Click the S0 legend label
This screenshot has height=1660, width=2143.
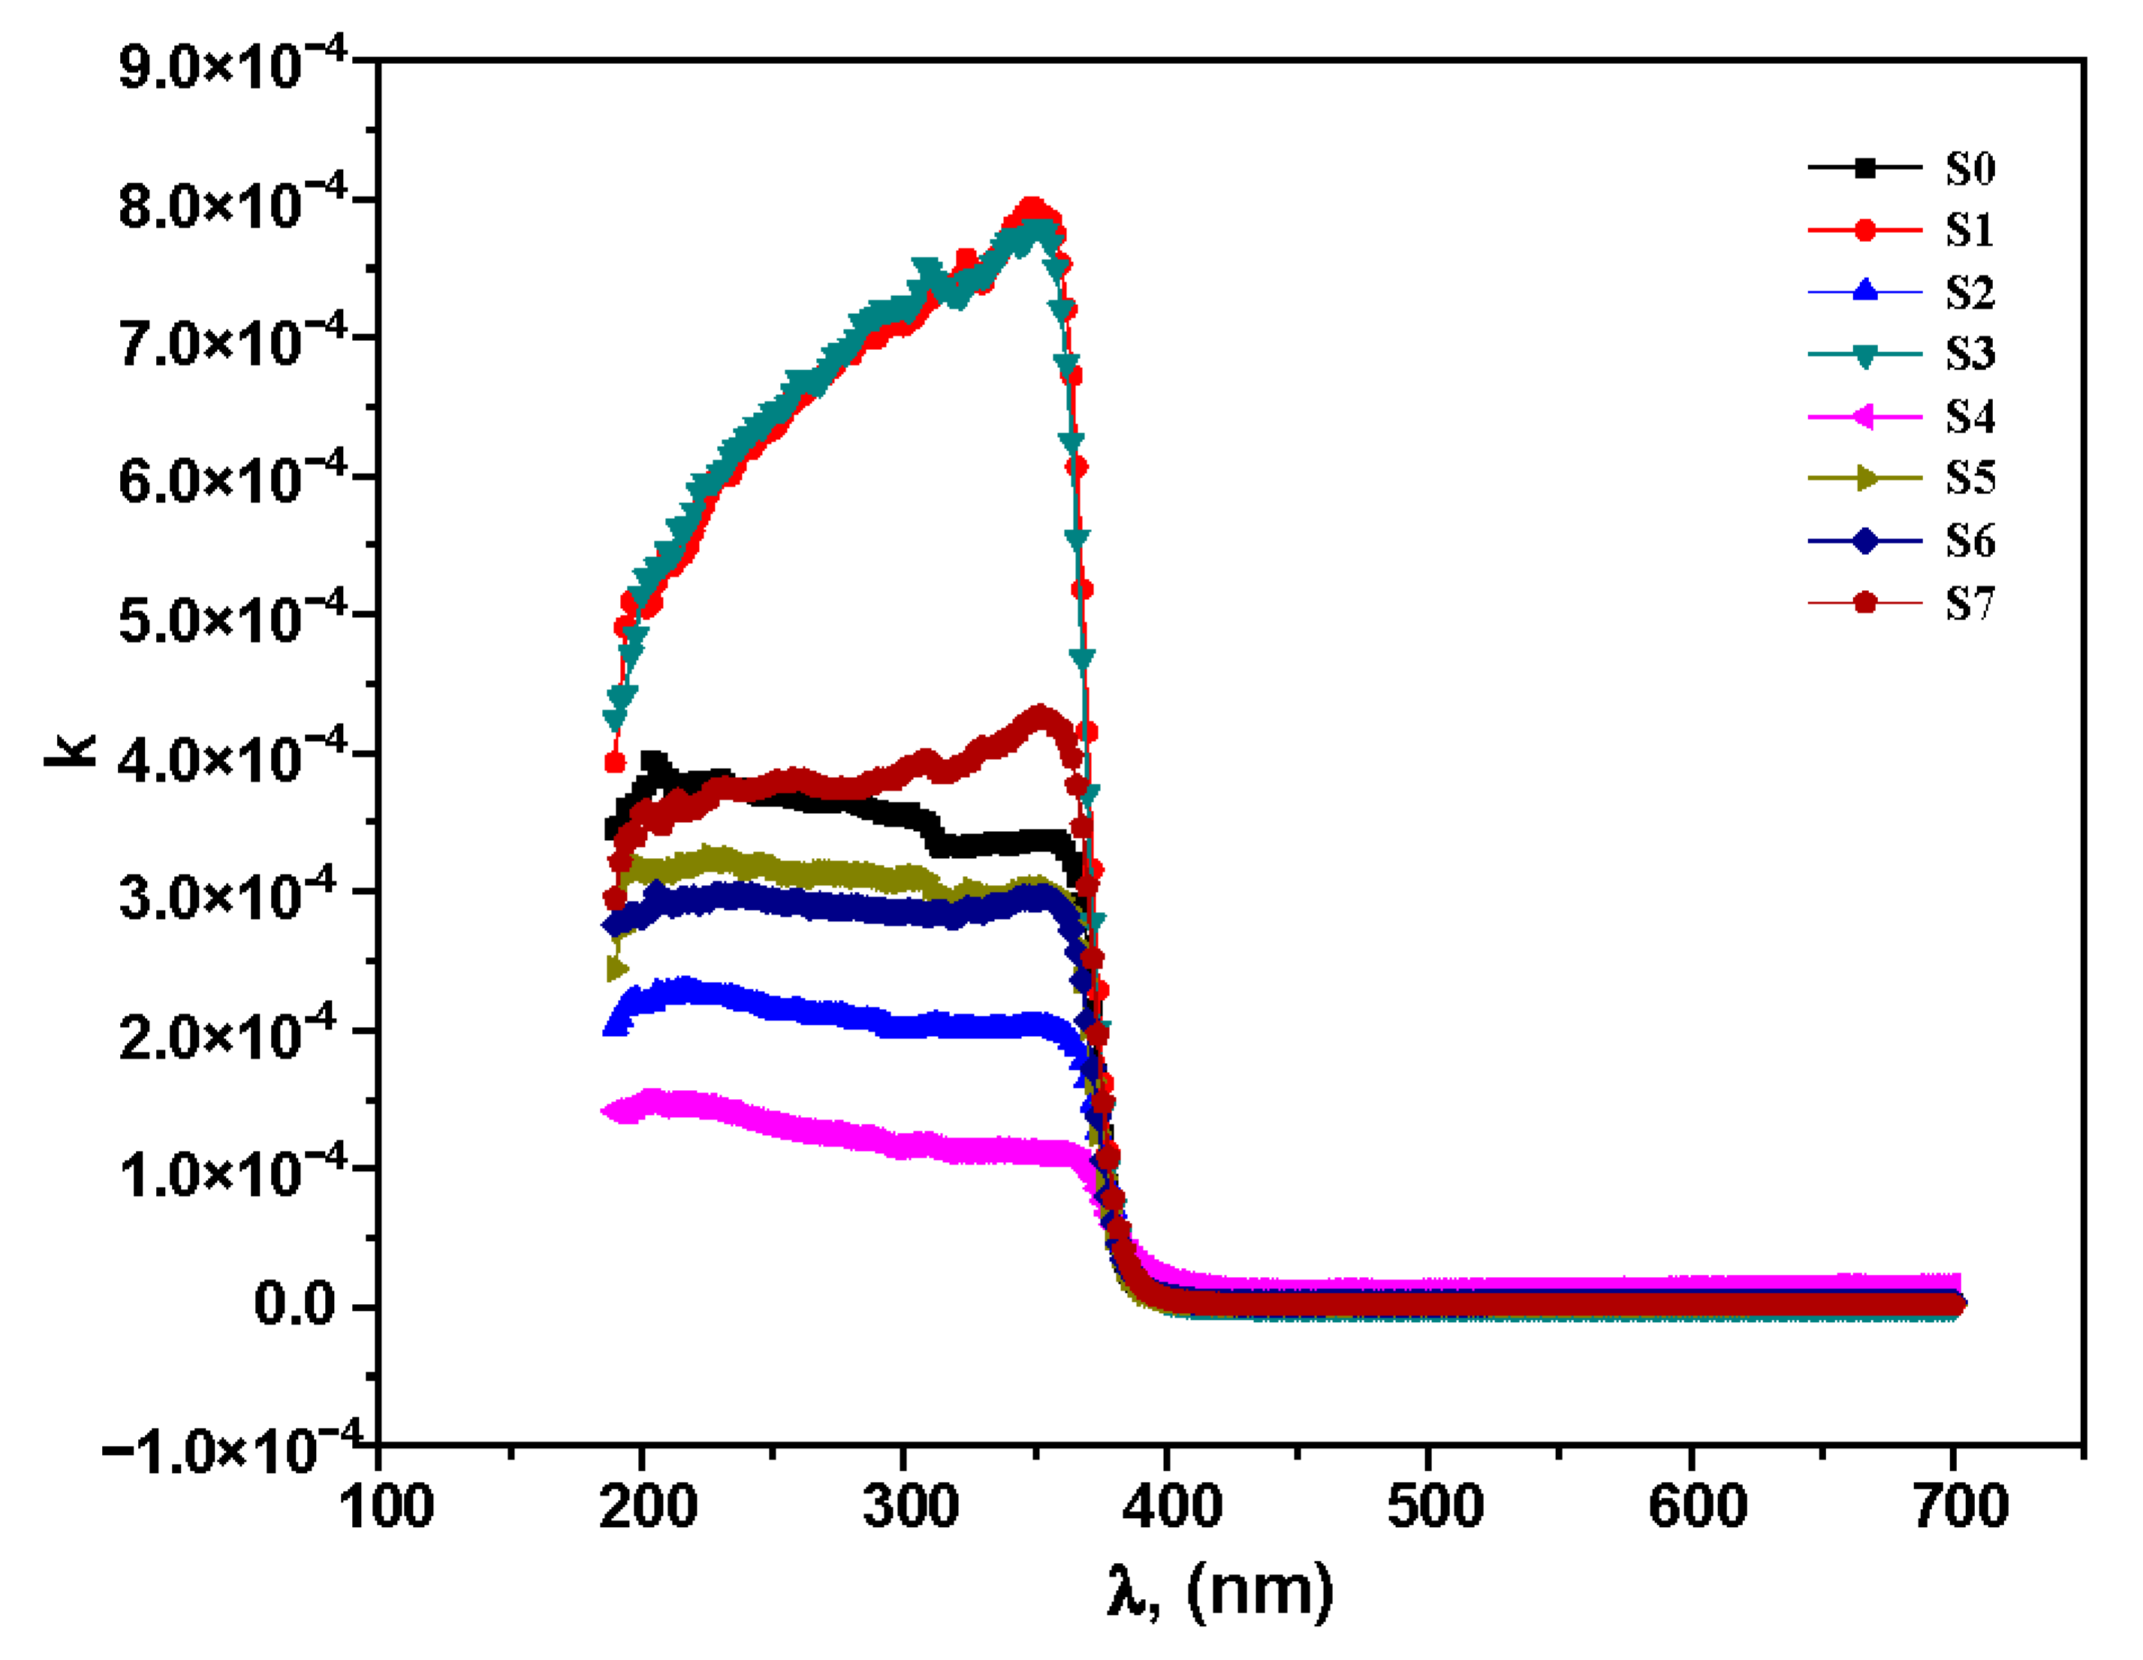[x=1970, y=169]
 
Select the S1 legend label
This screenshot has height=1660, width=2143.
[x=1970, y=230]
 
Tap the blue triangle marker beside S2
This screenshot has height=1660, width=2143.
[x=1864, y=291]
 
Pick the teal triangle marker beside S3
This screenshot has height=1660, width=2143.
[x=1864, y=355]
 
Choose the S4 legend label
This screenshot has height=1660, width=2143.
[x=1970, y=417]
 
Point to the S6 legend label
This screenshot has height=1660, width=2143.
[x=1970, y=541]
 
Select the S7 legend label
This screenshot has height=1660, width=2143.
[x=1970, y=604]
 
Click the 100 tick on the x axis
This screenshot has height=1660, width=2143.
[x=386, y=1506]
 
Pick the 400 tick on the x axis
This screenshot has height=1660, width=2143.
[x=1171, y=1506]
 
